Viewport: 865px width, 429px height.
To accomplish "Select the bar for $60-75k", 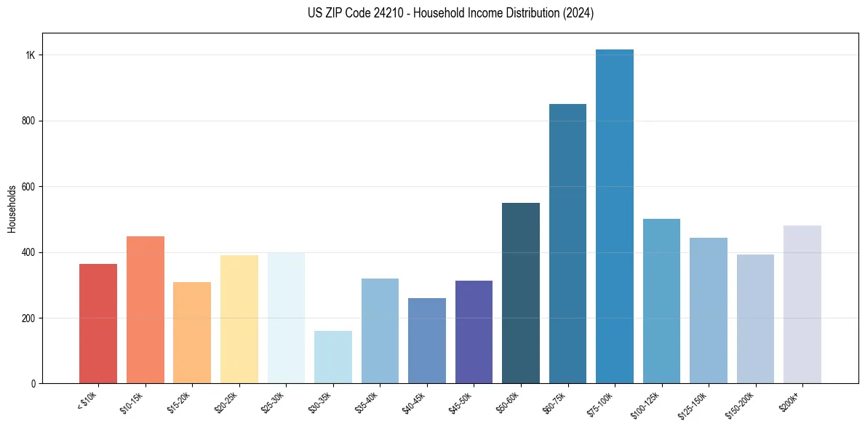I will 567,244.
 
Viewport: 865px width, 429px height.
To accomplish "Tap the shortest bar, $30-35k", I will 332,357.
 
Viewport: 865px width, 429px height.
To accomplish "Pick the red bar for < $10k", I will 98,324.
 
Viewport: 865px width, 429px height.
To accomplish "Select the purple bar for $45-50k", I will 474,332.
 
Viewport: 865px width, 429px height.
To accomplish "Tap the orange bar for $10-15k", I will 145,310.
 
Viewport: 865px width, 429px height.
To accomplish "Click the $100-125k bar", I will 661,301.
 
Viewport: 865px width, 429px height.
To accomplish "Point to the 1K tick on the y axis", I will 31,55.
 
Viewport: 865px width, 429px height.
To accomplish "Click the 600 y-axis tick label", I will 29,187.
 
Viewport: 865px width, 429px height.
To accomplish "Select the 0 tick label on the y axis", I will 33,384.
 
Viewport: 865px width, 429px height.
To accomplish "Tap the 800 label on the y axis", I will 29,121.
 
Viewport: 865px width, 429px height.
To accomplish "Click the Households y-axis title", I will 12,209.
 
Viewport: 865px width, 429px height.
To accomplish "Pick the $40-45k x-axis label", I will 413,401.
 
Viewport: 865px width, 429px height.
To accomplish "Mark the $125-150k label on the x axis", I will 695,403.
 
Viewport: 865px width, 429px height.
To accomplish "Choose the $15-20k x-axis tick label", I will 178,401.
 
